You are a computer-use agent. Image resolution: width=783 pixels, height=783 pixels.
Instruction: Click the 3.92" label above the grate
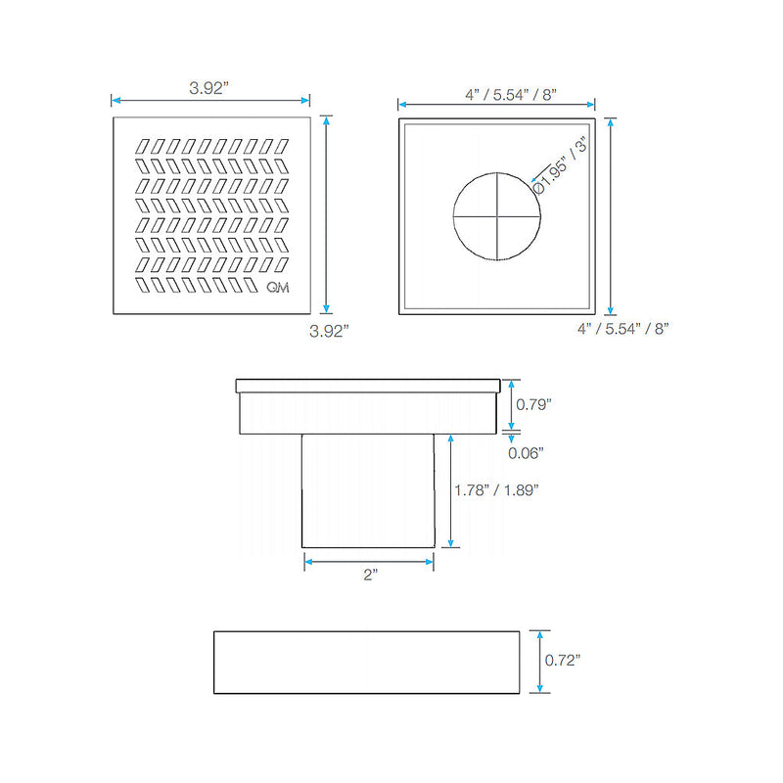pyautogui.click(x=208, y=88)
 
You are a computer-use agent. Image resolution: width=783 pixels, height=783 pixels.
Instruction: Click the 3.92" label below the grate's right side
pyautogui.click(x=329, y=331)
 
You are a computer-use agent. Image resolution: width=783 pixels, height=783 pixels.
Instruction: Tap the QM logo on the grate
pyautogui.click(x=278, y=287)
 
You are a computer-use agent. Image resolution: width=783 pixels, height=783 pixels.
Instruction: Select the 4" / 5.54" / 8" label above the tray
pyautogui.click(x=511, y=94)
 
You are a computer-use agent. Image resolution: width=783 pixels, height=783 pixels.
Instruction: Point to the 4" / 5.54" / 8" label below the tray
pyautogui.click(x=622, y=329)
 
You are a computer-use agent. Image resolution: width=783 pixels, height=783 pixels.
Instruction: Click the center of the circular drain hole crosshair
pyautogui.click(x=497, y=216)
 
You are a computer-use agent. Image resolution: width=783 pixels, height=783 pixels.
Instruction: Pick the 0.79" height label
pyautogui.click(x=533, y=404)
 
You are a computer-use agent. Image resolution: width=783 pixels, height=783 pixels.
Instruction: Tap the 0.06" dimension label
pyautogui.click(x=526, y=453)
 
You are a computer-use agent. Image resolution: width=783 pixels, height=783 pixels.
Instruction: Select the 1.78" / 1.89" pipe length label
pyautogui.click(x=496, y=490)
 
